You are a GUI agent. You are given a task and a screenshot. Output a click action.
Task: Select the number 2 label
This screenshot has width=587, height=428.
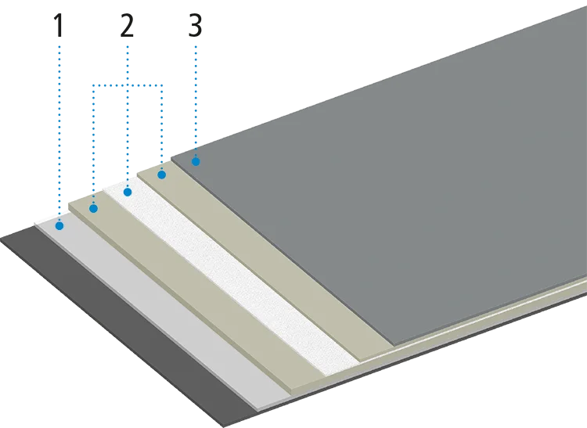pos(128,26)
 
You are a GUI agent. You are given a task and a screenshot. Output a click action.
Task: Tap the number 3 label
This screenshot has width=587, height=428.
pos(196,26)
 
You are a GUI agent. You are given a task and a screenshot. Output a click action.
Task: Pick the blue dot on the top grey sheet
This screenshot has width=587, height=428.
pos(196,162)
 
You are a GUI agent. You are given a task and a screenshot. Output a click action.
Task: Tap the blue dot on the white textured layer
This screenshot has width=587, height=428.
pos(128,192)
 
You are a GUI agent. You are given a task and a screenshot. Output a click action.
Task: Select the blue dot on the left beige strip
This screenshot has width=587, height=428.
pos(93,208)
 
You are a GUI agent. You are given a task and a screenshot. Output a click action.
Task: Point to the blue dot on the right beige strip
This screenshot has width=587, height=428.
pos(161,175)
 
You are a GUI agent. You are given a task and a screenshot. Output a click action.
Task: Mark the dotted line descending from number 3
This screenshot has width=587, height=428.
pos(196,102)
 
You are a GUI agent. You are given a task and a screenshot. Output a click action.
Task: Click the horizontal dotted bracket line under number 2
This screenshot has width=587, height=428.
pos(110,84)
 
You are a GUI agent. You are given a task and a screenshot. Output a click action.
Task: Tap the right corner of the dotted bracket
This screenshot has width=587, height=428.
pos(161,84)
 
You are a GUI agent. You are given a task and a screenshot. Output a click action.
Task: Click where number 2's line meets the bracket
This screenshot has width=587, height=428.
pos(128,84)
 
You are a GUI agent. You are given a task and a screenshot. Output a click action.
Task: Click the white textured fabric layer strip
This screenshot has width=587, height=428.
pos(258,282)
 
